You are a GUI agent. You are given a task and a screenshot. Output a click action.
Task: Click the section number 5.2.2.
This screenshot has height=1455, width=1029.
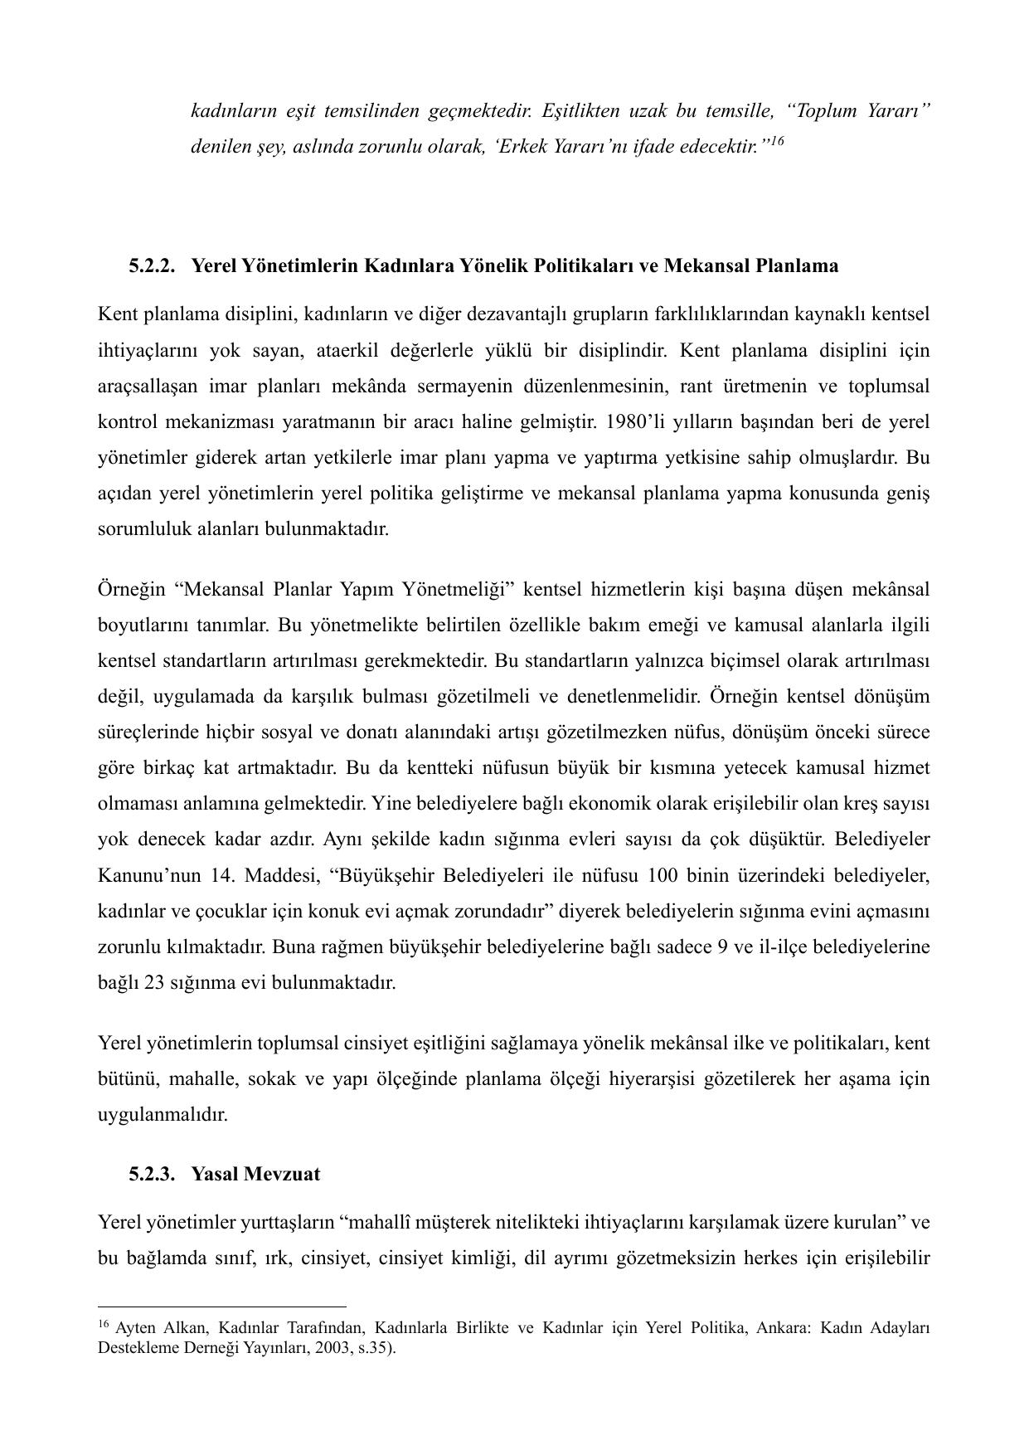click(x=153, y=266)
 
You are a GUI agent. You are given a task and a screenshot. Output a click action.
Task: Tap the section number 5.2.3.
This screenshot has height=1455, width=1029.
click(x=153, y=1175)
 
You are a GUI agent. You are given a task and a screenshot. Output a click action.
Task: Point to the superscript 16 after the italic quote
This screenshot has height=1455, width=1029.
click(x=777, y=142)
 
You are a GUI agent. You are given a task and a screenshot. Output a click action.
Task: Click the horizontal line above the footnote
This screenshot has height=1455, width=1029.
click(x=221, y=1307)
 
